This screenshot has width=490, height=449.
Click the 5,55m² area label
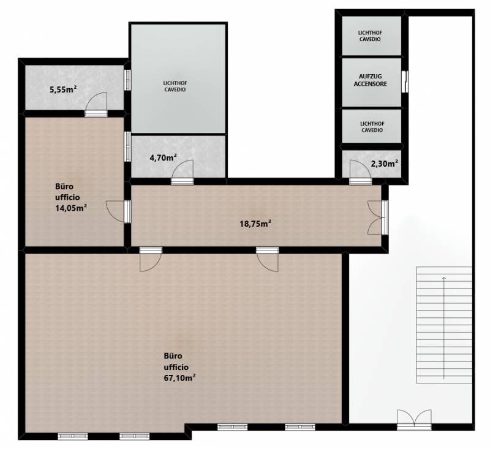point(64,89)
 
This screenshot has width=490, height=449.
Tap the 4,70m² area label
point(163,158)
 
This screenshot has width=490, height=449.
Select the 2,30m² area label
point(385,164)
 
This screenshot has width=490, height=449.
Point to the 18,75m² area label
point(255,224)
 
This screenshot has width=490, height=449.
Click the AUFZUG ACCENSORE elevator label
point(371,80)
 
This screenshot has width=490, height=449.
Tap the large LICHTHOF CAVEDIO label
point(175,86)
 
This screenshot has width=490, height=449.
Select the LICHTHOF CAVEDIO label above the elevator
point(370,36)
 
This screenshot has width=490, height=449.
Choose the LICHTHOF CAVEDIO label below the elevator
point(372,127)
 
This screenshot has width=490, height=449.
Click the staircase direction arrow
point(444,328)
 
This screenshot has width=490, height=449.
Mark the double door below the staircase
point(415,420)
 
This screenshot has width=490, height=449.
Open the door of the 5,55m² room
point(96,104)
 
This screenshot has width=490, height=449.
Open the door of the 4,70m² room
point(182,172)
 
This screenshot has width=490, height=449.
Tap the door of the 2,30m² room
point(361,172)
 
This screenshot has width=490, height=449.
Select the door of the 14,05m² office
point(119,211)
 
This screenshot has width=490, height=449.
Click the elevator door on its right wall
point(405,81)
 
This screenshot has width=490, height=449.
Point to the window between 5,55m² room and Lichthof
point(127,80)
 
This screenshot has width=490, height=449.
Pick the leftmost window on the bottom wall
point(73,436)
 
